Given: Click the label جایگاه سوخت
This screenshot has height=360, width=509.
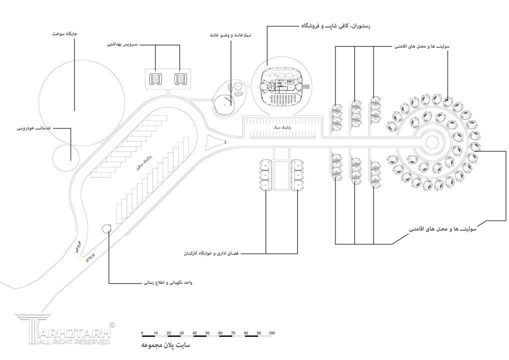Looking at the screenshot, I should tap(65, 34).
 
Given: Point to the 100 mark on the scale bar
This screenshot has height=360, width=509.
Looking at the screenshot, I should tap(271, 333).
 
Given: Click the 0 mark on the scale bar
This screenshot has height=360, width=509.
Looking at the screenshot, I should tap(142, 333).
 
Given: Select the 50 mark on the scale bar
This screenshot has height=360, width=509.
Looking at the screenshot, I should tap(207, 333).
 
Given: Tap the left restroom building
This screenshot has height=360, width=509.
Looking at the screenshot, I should tap(154, 78).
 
